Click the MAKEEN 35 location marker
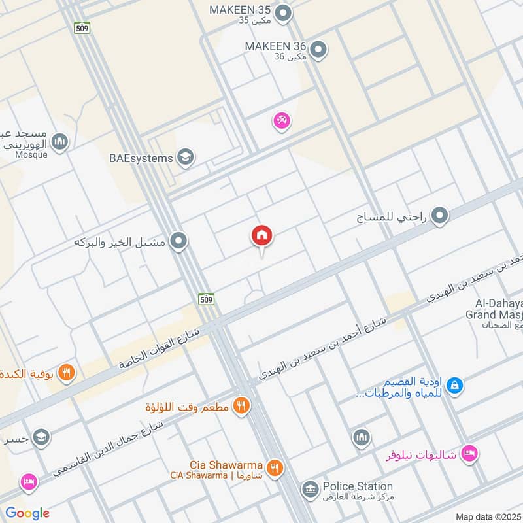283,12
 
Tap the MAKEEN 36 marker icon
318,48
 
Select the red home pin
262,235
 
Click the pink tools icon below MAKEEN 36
282,121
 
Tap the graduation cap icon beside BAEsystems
186,158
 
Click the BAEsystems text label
141,158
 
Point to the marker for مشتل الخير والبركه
178,243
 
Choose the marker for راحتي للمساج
440,215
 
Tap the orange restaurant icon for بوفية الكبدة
66,373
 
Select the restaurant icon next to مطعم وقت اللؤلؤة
242,407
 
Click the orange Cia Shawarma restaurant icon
275,467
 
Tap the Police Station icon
309,488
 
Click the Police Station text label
356,486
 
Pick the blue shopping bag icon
455,386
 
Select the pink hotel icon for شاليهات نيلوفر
469,453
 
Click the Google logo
27,513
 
